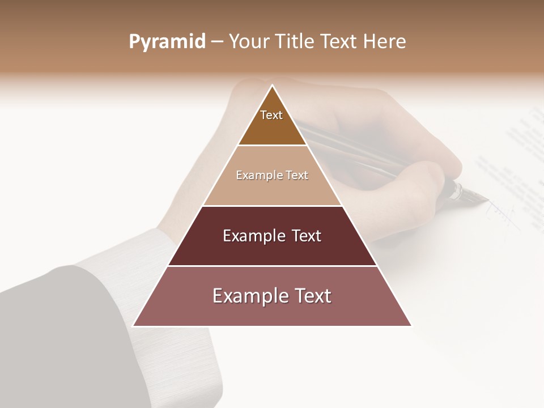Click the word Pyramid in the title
(167, 42)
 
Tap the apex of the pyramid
(273, 86)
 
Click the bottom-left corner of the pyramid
(133, 326)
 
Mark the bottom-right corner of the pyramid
(411, 326)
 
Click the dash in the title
(217, 42)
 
